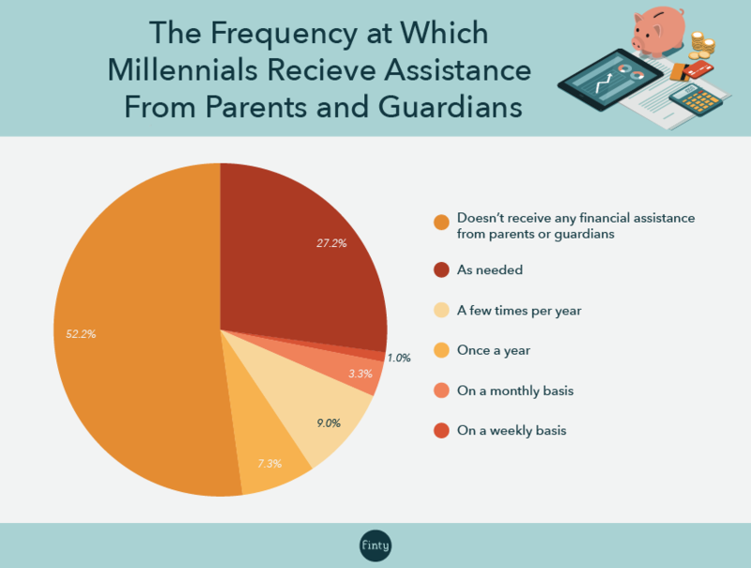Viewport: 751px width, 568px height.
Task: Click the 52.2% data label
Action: (x=81, y=334)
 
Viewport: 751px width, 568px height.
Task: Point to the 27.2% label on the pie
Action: (x=331, y=243)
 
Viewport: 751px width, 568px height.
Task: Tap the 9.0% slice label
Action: (x=329, y=422)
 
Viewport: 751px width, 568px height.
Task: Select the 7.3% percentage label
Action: (x=269, y=464)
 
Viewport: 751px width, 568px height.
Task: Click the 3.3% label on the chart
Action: (x=360, y=374)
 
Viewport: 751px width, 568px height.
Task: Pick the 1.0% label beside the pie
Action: (x=399, y=358)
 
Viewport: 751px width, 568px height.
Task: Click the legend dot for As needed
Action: (x=441, y=270)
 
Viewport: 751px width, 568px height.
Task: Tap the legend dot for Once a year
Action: (x=441, y=350)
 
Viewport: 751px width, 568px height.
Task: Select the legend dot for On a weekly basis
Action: (x=441, y=431)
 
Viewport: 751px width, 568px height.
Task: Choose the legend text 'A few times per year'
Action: (x=519, y=311)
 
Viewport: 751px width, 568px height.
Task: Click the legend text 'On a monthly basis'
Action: (x=515, y=391)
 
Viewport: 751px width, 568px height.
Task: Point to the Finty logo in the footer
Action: (x=375, y=545)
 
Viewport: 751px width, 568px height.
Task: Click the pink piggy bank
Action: (x=659, y=30)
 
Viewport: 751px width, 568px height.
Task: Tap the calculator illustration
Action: (x=696, y=100)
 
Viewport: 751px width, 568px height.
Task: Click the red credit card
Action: (x=697, y=69)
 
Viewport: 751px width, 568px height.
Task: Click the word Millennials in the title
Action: (x=182, y=69)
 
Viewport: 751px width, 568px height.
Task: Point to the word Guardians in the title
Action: (x=451, y=106)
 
